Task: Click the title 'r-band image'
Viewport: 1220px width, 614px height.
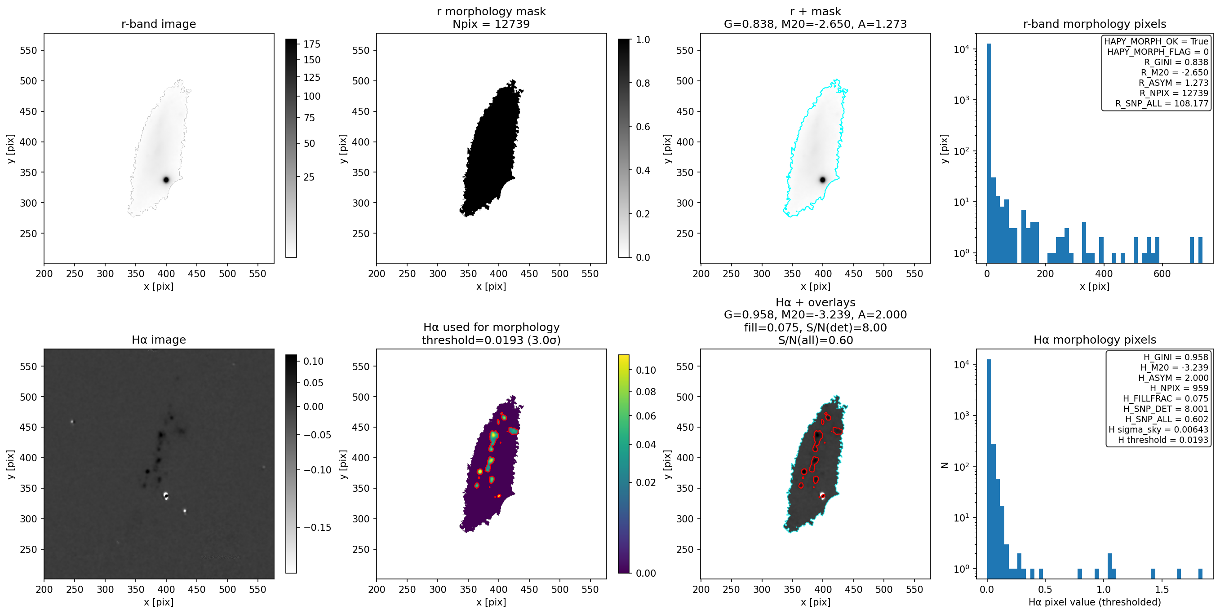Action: (159, 24)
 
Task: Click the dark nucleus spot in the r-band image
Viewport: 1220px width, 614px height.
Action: (166, 180)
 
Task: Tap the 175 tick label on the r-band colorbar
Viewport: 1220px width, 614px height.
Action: (312, 44)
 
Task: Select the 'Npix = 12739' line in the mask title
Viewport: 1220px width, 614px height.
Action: (491, 24)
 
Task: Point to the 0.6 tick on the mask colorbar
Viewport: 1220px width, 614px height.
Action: (643, 127)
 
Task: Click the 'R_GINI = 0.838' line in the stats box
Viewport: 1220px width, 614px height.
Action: (1176, 62)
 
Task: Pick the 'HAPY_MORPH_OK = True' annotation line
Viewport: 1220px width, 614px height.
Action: (1156, 42)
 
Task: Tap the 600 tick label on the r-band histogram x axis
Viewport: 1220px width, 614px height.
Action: (1162, 274)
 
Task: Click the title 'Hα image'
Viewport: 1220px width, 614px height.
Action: (159, 340)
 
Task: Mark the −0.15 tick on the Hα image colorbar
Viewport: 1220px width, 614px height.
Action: (317, 527)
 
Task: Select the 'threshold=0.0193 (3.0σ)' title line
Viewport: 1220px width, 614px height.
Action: (491, 340)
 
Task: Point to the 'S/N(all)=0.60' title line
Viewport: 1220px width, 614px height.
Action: (816, 340)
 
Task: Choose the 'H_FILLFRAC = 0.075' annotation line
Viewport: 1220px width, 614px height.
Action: (1166, 398)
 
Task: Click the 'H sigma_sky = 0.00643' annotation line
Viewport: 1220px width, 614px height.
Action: (1158, 429)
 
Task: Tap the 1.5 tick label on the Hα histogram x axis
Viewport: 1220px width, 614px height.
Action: (1162, 589)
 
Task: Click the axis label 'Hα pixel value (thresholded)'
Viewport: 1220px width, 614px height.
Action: (1095, 602)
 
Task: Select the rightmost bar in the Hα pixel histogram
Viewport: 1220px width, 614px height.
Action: (1200, 573)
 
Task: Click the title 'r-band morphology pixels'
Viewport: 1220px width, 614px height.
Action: (1095, 24)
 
